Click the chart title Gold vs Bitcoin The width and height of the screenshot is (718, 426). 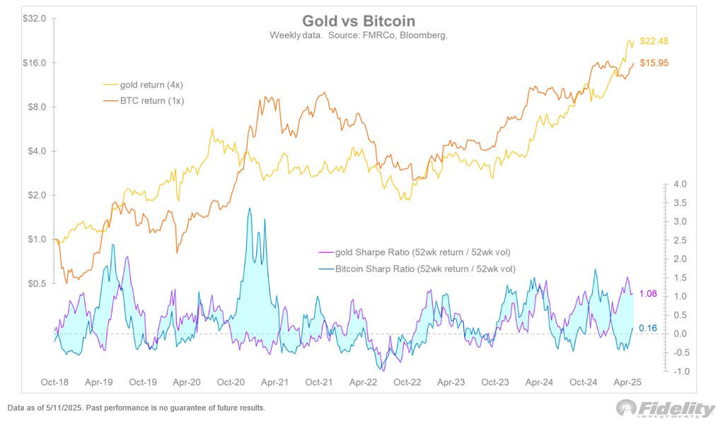point(358,20)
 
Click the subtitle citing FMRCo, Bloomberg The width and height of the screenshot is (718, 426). point(358,35)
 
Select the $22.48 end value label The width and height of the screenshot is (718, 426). point(654,41)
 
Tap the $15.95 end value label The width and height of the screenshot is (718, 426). point(654,63)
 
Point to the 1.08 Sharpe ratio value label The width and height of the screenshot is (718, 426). point(649,294)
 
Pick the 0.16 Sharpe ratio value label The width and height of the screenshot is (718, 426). point(649,328)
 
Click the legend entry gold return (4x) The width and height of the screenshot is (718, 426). point(152,85)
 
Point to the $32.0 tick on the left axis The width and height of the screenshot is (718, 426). point(35,18)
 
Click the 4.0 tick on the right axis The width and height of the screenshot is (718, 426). point(680,184)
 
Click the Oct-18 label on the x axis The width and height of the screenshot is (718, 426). point(55,382)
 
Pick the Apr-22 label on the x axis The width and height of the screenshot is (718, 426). point(363,382)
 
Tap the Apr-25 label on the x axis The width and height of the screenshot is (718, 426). point(627,382)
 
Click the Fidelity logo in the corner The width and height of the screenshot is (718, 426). point(665,408)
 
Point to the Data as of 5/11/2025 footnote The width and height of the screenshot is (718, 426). point(136,408)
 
